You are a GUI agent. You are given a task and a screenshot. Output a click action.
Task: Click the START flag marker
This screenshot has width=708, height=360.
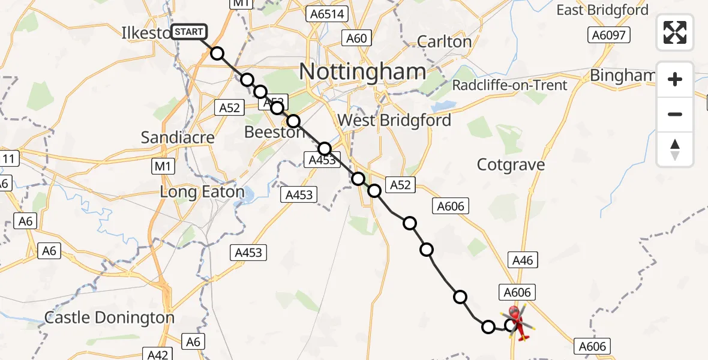(x=190, y=32)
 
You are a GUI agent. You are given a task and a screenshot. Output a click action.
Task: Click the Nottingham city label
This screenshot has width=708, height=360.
(x=362, y=72)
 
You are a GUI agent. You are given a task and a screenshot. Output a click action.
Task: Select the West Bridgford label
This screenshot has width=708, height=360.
(x=394, y=120)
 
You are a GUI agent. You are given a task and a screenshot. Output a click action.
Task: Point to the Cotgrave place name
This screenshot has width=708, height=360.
(x=511, y=165)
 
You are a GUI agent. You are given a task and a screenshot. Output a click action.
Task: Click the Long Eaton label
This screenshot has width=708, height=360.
(x=202, y=193)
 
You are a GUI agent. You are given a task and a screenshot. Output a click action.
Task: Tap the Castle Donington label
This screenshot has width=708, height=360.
(x=110, y=317)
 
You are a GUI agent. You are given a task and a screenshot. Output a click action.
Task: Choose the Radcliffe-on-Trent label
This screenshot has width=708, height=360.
(x=509, y=85)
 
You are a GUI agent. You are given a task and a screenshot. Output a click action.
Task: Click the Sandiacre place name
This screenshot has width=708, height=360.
(x=178, y=137)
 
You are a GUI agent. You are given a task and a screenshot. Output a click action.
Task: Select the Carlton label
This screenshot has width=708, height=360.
(x=444, y=41)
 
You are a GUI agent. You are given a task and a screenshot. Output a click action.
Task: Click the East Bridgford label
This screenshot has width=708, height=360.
(x=602, y=10)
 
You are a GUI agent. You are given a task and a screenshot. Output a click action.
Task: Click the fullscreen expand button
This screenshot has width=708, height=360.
(x=675, y=32)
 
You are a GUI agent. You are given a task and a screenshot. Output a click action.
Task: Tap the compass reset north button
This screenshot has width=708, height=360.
(x=675, y=149)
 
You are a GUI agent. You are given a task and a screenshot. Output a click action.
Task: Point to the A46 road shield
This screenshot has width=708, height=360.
(x=522, y=260)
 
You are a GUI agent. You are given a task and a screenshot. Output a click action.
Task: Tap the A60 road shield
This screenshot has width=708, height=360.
(x=356, y=38)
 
